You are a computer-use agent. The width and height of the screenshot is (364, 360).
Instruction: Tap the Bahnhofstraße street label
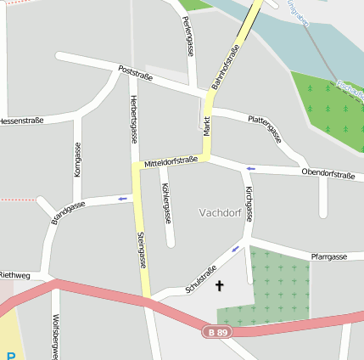click(x=232, y=68)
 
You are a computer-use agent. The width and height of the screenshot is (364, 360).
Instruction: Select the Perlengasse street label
click(x=188, y=37)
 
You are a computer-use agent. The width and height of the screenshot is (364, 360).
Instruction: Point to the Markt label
click(x=205, y=126)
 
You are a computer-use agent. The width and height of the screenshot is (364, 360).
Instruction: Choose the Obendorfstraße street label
click(x=328, y=174)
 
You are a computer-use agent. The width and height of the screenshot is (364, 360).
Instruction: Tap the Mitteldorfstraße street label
click(x=171, y=160)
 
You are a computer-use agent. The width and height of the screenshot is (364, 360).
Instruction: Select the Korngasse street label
click(x=77, y=159)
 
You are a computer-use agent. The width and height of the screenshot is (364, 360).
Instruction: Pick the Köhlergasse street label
click(x=165, y=203)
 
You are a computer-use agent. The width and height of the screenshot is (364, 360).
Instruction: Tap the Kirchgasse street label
click(x=249, y=203)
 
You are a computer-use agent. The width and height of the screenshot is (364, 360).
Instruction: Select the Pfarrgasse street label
click(x=329, y=256)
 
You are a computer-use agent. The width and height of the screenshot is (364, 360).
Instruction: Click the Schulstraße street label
click(x=201, y=278)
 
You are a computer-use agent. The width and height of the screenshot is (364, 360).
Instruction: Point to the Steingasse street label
click(x=142, y=248)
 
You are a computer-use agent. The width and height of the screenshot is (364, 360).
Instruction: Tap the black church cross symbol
click(x=221, y=286)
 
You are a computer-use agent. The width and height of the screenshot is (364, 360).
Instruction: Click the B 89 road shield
click(x=216, y=332)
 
